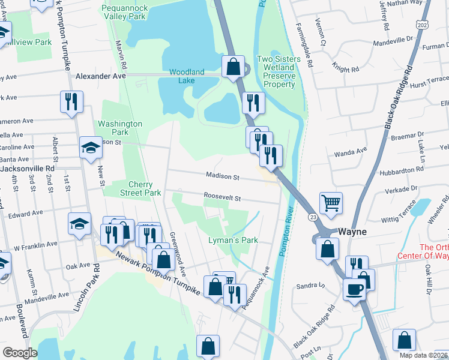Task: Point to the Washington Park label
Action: pos(120,128)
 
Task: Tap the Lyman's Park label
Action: pos(233,240)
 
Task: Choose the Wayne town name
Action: pos(353,231)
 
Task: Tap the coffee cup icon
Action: pos(354,289)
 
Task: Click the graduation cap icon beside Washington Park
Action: pos(91,148)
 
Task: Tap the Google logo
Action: pos(20,352)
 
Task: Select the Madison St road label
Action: pos(223,178)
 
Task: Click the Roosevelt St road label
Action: pos(221,197)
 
